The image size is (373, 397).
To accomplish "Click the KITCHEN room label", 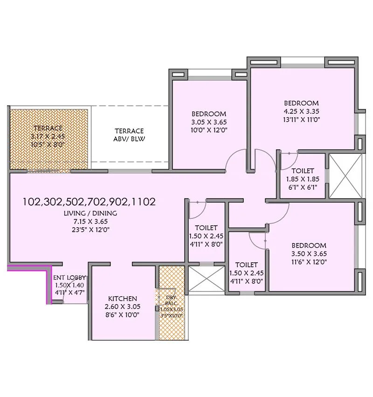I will (123, 299).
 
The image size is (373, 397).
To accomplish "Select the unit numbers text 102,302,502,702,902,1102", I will (89, 202).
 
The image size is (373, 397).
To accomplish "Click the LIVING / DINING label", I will (90, 213).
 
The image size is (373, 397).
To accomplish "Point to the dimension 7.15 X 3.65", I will (90, 222).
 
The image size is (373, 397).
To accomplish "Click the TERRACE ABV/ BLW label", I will (129, 135).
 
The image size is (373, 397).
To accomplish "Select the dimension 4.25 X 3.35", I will (301, 111).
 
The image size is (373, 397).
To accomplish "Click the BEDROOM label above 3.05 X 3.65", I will (209, 114).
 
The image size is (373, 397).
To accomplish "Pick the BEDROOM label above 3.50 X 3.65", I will (309, 245).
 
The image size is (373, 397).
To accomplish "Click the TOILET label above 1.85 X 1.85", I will (303, 171).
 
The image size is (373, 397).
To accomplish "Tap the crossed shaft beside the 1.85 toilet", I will (345, 170).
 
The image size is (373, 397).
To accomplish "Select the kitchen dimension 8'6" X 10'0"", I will (123, 315).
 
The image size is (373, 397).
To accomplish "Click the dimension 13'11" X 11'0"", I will (301, 120).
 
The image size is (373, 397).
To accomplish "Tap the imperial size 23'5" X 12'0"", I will (90, 230).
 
